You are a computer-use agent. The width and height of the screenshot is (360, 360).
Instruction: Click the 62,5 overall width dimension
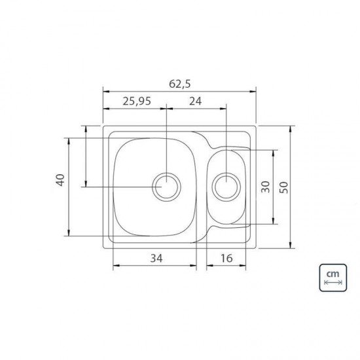click(179, 84)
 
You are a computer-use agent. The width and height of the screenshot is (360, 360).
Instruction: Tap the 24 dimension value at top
click(195, 101)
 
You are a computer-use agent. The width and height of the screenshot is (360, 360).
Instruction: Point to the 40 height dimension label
click(60, 181)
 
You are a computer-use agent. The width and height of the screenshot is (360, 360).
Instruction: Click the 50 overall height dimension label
click(283, 187)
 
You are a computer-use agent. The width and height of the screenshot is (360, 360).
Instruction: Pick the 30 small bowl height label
click(264, 187)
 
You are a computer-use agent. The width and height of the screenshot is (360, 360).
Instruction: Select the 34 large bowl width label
click(155, 258)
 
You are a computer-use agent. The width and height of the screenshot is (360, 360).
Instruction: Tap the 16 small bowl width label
click(226, 258)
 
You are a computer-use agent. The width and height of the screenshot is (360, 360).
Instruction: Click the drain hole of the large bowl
click(166, 187)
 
